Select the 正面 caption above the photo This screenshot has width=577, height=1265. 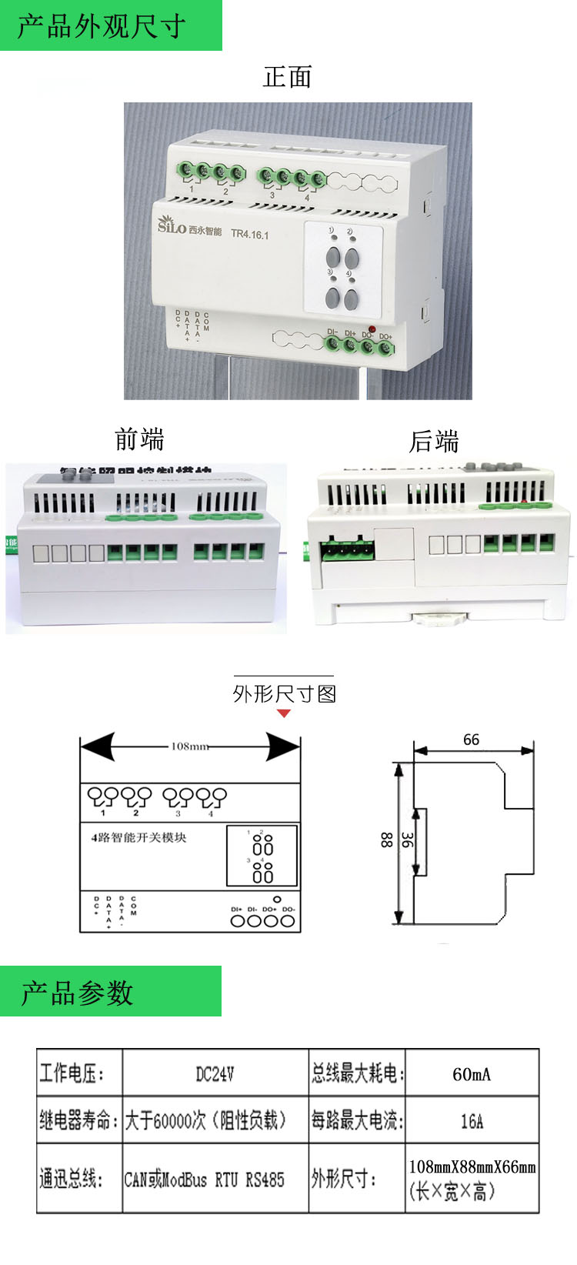[287, 77]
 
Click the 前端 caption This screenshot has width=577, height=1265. [139, 439]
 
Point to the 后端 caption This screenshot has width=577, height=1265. [434, 442]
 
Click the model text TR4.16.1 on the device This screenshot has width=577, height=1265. [250, 234]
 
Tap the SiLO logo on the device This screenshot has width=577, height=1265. [172, 225]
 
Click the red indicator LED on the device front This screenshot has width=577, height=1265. [372, 329]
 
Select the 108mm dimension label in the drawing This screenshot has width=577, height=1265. [189, 746]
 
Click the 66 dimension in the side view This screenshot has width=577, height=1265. [471, 739]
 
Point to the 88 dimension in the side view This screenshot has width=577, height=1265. [386, 840]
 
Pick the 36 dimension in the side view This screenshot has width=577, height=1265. [407, 840]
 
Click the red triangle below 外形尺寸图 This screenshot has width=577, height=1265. [284, 713]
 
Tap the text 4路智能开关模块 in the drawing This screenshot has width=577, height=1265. [138, 837]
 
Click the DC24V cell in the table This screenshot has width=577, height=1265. [215, 1073]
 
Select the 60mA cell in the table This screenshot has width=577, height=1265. [471, 1074]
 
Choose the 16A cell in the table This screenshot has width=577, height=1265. [472, 1121]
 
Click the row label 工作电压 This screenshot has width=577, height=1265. [72, 1073]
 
